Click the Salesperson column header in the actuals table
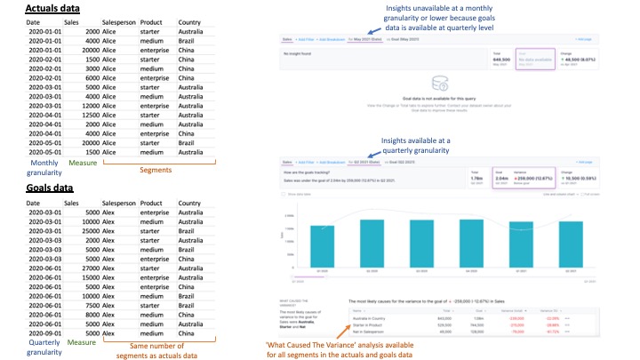point(121,20)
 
